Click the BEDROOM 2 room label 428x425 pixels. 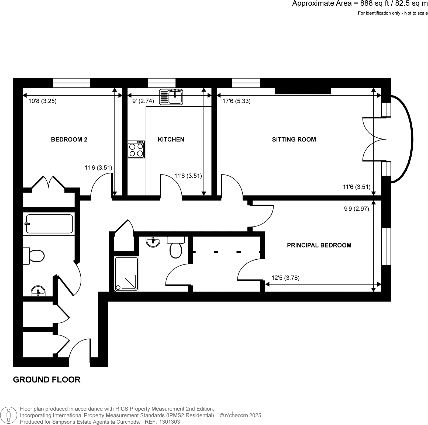tap(69, 140)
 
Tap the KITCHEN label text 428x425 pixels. tap(171, 140)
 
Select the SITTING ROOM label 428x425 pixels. tap(294, 140)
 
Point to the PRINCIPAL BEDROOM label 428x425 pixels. tap(319, 245)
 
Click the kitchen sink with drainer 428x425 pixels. tap(171, 97)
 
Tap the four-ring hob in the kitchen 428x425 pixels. tap(136, 150)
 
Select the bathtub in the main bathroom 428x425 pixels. tap(49, 224)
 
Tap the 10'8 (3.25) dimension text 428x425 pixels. tap(42, 101)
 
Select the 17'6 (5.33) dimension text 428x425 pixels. tap(236, 101)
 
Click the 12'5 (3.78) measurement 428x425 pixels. tap(285, 278)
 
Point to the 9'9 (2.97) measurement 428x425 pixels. tap(356, 209)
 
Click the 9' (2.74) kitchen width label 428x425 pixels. tap(143, 101)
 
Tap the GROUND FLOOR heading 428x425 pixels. tap(47, 380)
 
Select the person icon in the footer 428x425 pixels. tap(9, 415)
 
